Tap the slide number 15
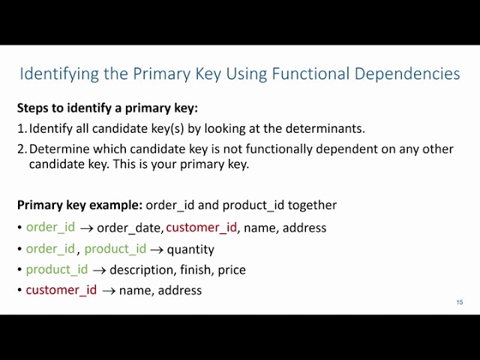point(460,302)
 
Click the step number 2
point(21,148)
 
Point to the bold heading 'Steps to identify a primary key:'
point(107,108)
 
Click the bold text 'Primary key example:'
point(79,205)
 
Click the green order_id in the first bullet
point(50,227)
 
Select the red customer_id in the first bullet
point(201,227)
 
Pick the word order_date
point(129,228)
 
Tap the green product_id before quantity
point(115,249)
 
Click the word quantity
point(190,249)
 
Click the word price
point(232,269)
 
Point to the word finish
point(196,269)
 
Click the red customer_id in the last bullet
point(61,290)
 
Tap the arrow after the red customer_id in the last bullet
point(108,290)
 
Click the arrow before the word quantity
point(157,249)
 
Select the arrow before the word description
point(99,270)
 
